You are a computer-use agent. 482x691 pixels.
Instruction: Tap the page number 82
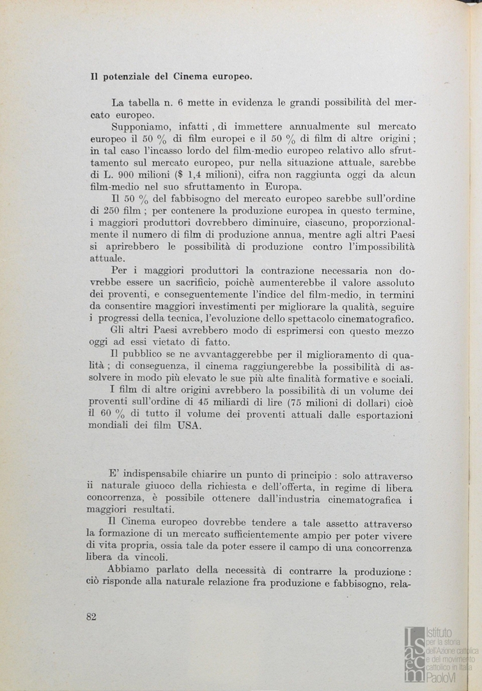pyautogui.click(x=90, y=616)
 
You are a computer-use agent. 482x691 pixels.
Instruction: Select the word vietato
pyautogui.click(x=173, y=343)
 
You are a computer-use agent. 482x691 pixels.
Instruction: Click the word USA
pyautogui.click(x=189, y=427)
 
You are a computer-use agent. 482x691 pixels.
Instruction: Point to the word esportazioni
pyautogui.click(x=383, y=416)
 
